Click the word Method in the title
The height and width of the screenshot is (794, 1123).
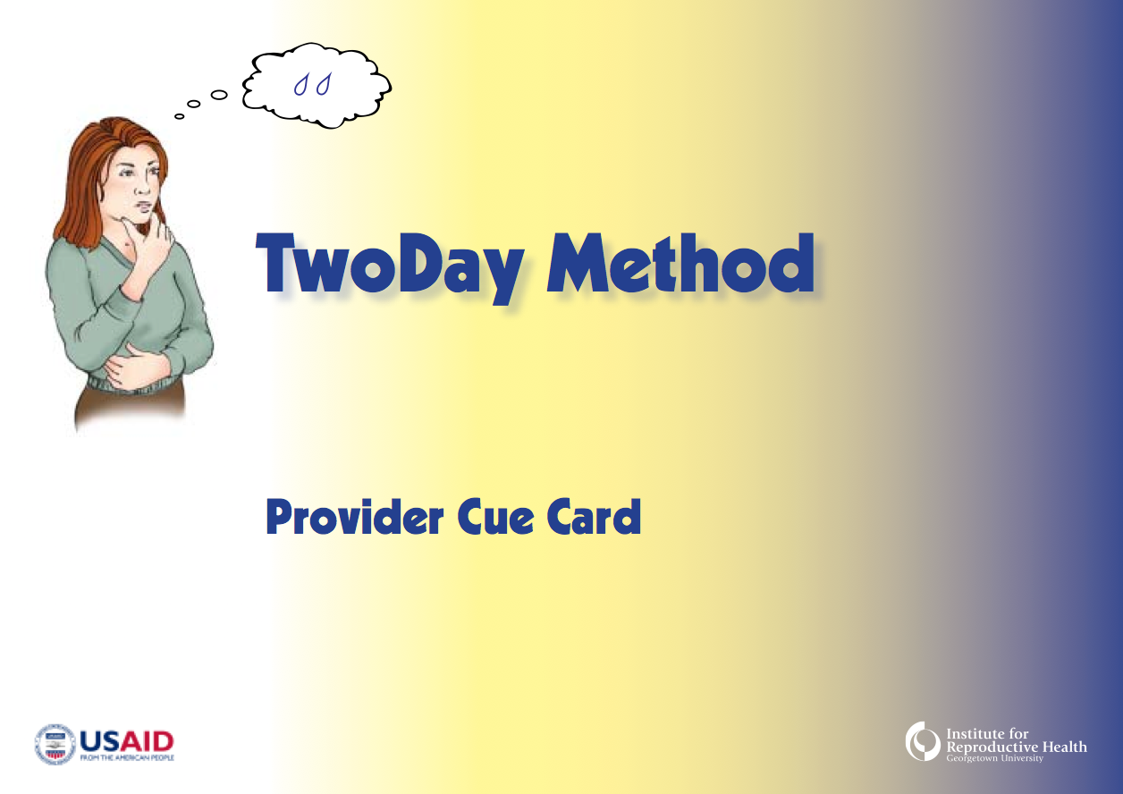click(680, 263)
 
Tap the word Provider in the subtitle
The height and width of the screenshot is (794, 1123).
click(355, 517)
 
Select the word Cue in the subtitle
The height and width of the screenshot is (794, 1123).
click(495, 518)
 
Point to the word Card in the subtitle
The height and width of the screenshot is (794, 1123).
click(594, 517)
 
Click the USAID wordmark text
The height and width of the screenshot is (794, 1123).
click(127, 742)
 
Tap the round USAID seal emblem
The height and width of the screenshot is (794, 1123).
click(55, 744)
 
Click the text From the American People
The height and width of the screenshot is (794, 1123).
click(127, 758)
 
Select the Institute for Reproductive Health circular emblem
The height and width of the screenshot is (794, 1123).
click(923, 742)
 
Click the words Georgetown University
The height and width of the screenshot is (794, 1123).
click(994, 758)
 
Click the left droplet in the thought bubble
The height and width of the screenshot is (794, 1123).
click(300, 85)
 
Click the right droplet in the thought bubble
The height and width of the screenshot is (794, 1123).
click(324, 84)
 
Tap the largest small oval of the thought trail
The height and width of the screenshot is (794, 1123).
click(219, 94)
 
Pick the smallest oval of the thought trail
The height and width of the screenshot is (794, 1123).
click(179, 116)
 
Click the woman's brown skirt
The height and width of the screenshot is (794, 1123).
click(131, 403)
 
